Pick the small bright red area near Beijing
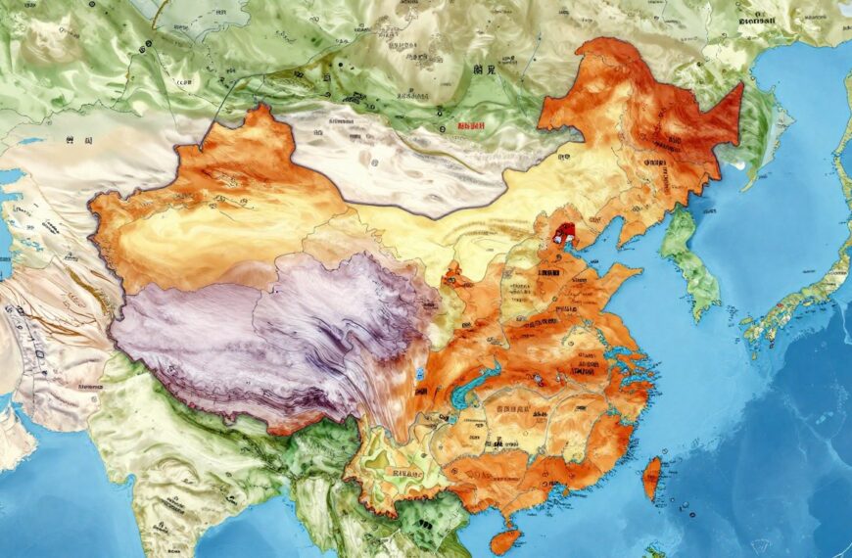563,234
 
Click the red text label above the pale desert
471,126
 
